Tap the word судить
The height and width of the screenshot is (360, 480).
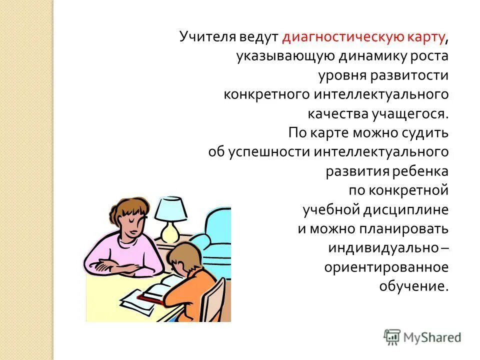point(427,133)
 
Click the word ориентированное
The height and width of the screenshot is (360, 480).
point(386,267)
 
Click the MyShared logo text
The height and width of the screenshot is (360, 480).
point(432,337)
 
